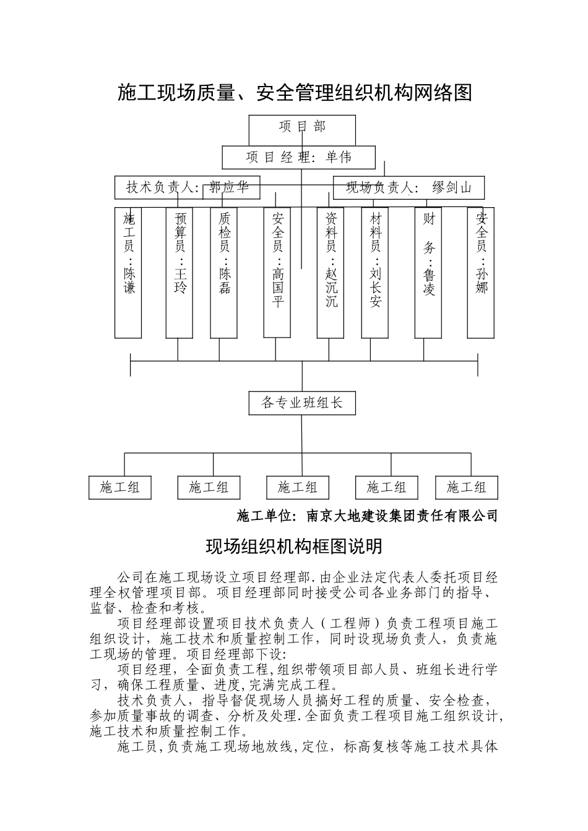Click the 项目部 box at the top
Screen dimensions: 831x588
[302, 127]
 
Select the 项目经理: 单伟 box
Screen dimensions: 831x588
[299, 158]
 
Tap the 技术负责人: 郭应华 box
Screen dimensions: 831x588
[187, 187]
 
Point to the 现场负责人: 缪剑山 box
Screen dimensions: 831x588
[409, 187]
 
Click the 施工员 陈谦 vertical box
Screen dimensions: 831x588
[128, 273]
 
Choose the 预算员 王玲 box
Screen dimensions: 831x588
[179, 273]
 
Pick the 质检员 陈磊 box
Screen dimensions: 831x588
[224, 273]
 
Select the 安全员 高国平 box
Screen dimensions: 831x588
[277, 273]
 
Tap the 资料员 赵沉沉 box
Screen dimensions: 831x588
[331, 273]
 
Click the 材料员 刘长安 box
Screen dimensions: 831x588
[375, 273]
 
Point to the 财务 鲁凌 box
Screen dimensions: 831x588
[428, 273]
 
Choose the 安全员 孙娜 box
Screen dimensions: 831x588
[481, 273]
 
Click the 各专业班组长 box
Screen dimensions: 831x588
[302, 403]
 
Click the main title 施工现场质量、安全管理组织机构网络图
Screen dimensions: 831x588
[295, 93]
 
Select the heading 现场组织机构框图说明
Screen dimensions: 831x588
[294, 547]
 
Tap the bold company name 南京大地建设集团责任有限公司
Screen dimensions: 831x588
[402, 516]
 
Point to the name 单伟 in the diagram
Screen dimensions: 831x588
[339, 158]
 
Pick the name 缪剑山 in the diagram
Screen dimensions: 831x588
[452, 187]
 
